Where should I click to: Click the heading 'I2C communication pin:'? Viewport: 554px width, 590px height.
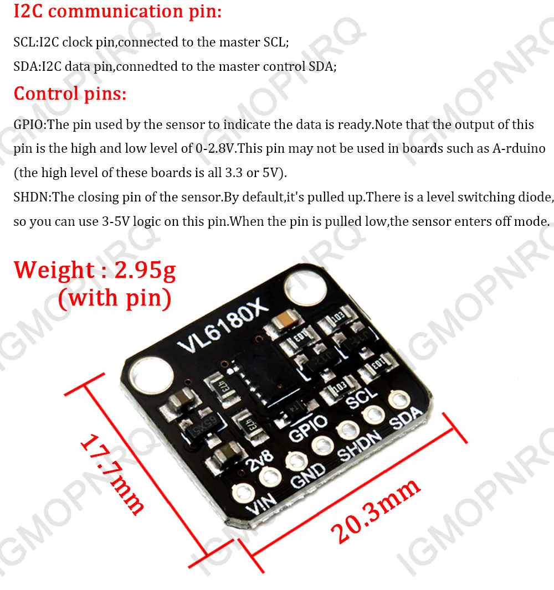(x=117, y=11)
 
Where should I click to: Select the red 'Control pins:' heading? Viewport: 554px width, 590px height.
(x=70, y=93)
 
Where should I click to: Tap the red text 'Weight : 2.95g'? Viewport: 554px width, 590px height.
(x=95, y=270)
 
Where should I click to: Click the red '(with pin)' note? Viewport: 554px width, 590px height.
(x=114, y=298)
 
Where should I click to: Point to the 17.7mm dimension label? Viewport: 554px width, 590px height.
(x=112, y=475)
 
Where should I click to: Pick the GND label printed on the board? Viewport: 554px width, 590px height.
(x=309, y=474)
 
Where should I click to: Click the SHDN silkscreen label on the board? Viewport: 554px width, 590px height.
(x=360, y=446)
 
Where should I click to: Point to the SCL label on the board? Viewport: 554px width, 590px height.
(x=361, y=397)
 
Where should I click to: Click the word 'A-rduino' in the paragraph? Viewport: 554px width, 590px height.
(x=519, y=148)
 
